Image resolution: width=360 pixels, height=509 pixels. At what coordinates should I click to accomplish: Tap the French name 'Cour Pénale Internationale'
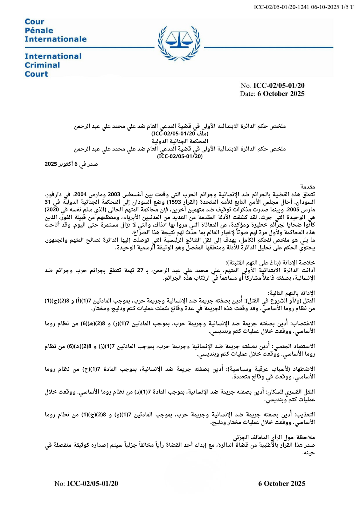55,31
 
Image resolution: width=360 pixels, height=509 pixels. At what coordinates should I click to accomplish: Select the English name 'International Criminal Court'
53,65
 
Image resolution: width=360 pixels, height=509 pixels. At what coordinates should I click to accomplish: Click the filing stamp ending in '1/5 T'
303,7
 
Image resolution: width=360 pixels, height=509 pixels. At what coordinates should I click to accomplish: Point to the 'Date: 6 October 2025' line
272,94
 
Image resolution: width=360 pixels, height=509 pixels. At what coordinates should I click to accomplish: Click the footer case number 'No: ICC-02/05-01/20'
86,484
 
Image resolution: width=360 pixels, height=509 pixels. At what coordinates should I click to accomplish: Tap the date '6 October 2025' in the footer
281,484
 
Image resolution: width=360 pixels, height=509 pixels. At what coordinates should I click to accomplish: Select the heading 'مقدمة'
308,187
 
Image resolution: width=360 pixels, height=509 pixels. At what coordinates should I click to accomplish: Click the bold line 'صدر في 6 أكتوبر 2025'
71,164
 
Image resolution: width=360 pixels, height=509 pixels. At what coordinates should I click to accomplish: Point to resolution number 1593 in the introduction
175,202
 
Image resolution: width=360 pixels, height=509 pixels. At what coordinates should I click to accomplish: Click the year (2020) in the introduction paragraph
52,210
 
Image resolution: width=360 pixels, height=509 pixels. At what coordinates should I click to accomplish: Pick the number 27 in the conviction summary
140,271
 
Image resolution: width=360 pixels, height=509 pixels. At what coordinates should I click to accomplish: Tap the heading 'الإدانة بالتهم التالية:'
291,293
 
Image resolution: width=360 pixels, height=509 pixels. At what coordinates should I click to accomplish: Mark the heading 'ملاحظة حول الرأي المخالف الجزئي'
274,437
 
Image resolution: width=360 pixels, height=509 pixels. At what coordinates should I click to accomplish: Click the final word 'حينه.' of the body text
309,453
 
